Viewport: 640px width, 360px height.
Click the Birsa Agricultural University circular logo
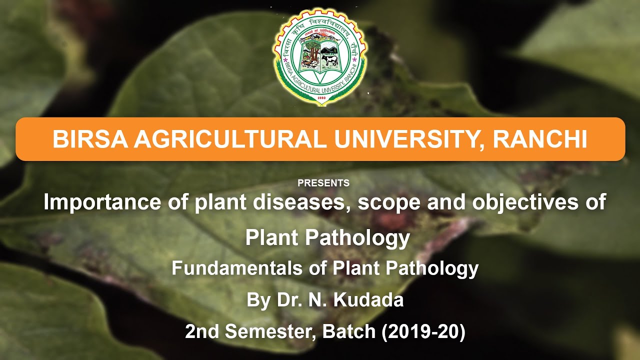click(x=320, y=56)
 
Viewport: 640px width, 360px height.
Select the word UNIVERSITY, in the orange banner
click(x=409, y=139)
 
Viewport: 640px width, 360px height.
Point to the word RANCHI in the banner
click(x=540, y=139)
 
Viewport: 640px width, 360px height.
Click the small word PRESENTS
click(x=323, y=183)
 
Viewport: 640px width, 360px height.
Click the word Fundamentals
click(x=237, y=268)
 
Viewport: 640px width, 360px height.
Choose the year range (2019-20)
click(x=423, y=332)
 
